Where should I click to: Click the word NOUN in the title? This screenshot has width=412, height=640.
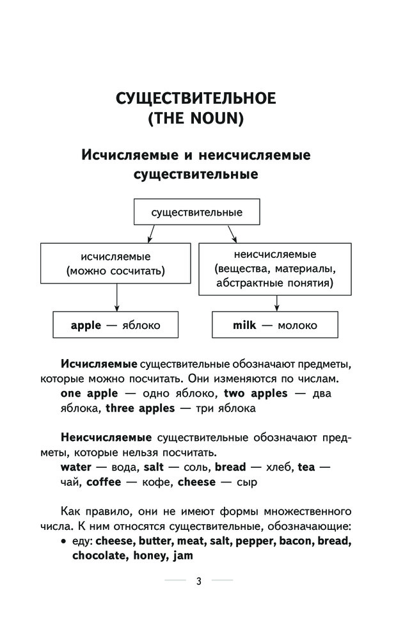coord(214,118)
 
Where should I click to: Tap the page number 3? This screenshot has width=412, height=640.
coord(199,581)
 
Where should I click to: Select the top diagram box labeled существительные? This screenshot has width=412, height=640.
coord(196,212)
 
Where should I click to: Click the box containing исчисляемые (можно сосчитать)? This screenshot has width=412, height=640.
coord(115,263)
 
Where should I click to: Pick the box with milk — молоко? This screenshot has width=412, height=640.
coord(275,325)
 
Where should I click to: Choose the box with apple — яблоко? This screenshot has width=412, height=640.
coord(115,325)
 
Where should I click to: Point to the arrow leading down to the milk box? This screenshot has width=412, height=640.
coord(277,303)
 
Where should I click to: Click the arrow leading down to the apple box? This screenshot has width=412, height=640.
coord(117,298)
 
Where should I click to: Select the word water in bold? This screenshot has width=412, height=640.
coord(76,467)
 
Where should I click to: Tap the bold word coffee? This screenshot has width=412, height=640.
coord(104,482)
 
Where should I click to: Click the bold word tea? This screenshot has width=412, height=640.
coord(306,467)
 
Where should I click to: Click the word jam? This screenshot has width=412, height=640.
coord(183,556)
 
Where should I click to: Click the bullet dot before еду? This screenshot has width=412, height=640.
coord(63,541)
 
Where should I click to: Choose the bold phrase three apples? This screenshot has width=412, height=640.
coord(140,408)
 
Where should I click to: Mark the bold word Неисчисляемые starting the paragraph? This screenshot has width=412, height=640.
coord(106,438)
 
